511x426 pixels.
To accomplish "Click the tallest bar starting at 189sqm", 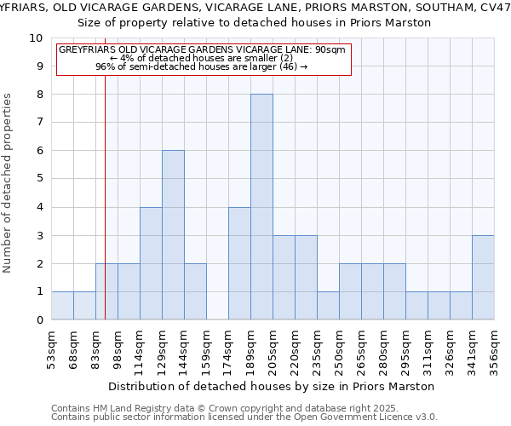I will point(261,207).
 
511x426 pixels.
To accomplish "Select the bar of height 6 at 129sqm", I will point(173,235).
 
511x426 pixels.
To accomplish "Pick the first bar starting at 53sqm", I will point(62,306).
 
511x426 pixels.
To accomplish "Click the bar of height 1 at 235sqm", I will point(328,306).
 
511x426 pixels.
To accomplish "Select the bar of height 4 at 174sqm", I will point(239,263).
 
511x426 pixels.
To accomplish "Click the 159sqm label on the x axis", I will point(206,346).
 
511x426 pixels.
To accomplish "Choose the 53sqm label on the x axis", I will point(52,346).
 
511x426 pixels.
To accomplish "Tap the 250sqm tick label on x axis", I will point(340,346).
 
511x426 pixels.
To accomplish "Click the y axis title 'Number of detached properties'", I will point(9,184).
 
